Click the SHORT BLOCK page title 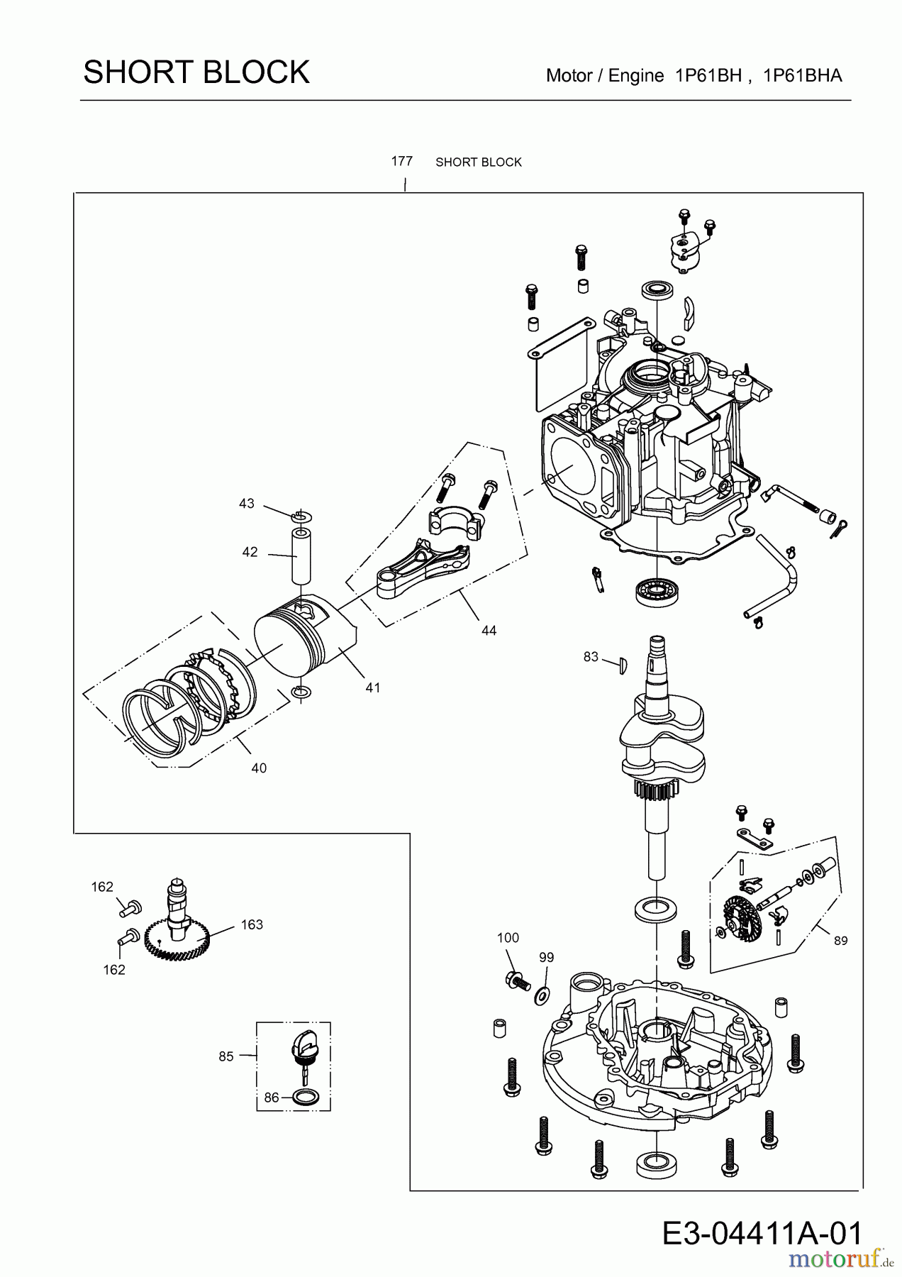pyautogui.click(x=196, y=72)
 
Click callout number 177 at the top pyautogui.click(x=401, y=161)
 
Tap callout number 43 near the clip pyautogui.click(x=246, y=504)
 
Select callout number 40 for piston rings pyautogui.click(x=259, y=768)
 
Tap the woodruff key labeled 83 pyautogui.click(x=622, y=664)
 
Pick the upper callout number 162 pyautogui.click(x=102, y=887)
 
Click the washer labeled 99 pyautogui.click(x=542, y=994)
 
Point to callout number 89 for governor pyautogui.click(x=840, y=941)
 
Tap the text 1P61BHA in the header pyautogui.click(x=803, y=76)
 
